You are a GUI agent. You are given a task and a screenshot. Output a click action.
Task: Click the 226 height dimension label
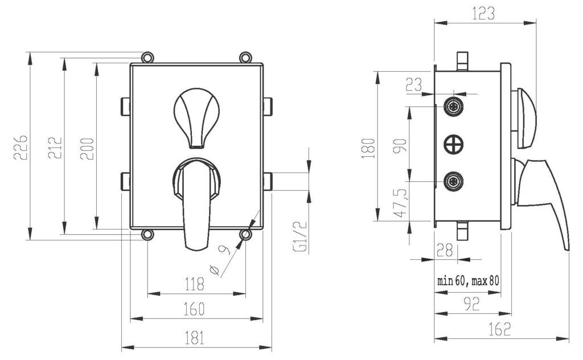pos(20,148)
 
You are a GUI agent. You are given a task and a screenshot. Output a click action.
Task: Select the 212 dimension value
pos(55,148)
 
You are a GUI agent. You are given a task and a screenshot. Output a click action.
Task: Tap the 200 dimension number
pos(87,149)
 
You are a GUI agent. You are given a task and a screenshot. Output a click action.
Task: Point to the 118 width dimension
pos(195,284)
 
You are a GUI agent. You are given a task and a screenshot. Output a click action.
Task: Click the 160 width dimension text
pos(195,309)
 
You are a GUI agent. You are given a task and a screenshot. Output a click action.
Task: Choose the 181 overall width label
pos(195,338)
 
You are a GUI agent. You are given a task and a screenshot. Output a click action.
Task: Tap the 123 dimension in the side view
pos(484,14)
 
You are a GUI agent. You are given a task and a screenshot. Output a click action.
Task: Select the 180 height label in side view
pos(368,148)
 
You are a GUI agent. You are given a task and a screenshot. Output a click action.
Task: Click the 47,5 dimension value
pos(400,203)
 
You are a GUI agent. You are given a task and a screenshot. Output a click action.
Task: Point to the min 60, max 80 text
pos(469,280)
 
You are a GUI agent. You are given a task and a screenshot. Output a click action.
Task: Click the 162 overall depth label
pos(500,329)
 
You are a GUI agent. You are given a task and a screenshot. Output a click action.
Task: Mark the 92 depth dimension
pos(472,304)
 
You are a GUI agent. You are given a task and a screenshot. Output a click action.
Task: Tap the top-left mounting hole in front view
pos(147,58)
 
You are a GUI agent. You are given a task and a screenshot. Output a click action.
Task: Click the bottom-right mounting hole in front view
pos(245,235)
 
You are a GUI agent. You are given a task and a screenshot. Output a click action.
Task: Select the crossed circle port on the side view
pos(454,144)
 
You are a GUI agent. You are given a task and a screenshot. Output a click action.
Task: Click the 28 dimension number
pos(445,250)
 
